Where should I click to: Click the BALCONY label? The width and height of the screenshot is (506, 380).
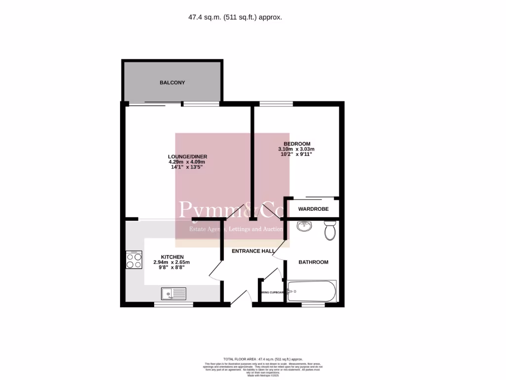[172, 83]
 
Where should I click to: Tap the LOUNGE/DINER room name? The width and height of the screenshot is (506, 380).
[187, 157]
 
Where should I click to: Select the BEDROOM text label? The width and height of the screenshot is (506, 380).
[296, 144]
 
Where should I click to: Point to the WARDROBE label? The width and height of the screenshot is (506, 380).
[313, 209]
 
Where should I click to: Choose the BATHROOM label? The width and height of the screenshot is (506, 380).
[313, 262]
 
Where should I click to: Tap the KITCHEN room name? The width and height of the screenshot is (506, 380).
[171, 257]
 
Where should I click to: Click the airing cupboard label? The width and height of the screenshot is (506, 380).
[272, 292]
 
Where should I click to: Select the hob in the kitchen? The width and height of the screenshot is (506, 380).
[133, 260]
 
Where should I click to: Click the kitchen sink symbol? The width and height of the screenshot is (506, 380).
[173, 294]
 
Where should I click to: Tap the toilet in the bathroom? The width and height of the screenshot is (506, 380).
[330, 231]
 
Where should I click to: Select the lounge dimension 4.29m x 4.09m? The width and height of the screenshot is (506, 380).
[187, 162]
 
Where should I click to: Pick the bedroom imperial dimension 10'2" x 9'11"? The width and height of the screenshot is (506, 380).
[296, 154]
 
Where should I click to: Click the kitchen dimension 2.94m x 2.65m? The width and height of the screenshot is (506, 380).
[171, 262]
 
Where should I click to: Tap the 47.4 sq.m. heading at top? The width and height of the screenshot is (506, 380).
[235, 17]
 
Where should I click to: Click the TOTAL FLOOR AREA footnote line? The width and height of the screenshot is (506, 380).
[263, 359]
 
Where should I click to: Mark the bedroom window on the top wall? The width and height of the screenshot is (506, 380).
[276, 104]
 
